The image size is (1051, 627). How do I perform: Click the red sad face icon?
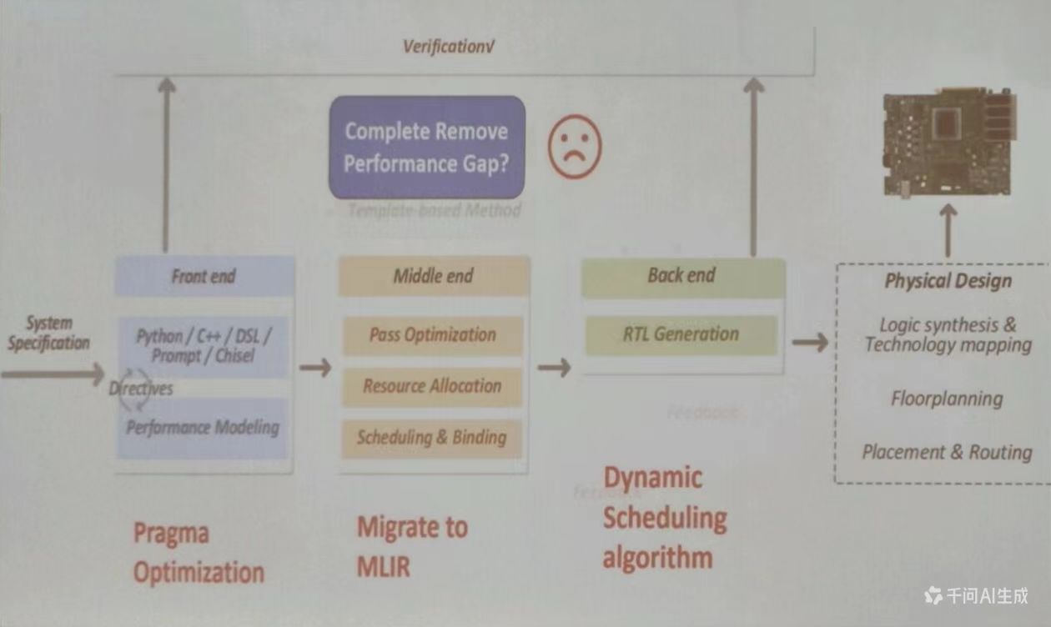tap(574, 146)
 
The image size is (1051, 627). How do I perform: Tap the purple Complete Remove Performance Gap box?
tap(427, 147)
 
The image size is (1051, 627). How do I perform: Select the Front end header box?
tap(204, 277)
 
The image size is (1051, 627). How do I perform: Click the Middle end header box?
tap(434, 276)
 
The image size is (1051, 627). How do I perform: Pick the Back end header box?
tap(682, 276)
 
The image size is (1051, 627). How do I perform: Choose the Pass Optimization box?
tap(433, 335)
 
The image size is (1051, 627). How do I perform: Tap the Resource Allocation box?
tap(432, 386)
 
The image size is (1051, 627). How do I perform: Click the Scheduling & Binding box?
tap(432, 438)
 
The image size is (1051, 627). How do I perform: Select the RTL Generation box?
tap(681, 334)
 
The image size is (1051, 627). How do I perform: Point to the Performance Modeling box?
tap(203, 428)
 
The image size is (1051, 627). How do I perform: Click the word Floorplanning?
tap(947, 399)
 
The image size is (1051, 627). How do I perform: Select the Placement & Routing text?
tap(947, 453)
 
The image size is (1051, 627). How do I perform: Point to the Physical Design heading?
tap(948, 281)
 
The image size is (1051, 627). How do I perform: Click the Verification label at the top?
tap(443, 47)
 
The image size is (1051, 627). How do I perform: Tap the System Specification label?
tap(48, 333)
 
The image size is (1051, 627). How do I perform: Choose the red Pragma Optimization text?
tap(199, 553)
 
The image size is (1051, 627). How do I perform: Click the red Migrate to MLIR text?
tap(412, 546)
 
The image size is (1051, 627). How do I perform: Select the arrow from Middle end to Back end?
tap(554, 368)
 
